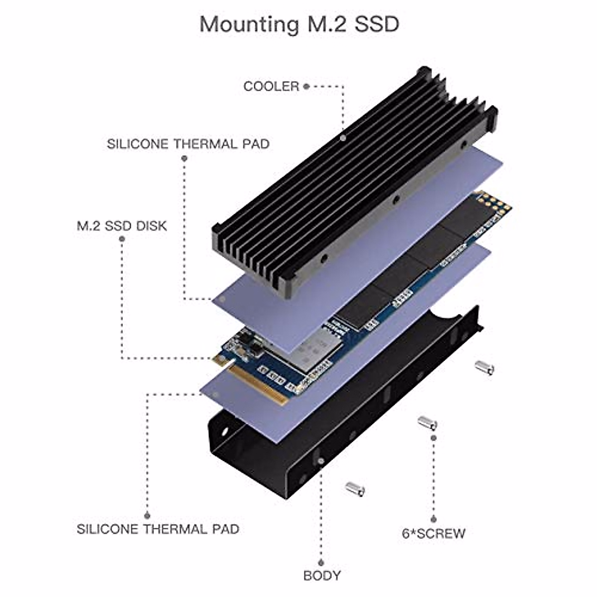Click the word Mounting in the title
(x=249, y=25)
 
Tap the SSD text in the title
(x=377, y=24)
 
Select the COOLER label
(x=271, y=87)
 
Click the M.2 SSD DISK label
(x=122, y=226)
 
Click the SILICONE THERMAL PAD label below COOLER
(x=188, y=144)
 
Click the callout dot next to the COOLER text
(x=306, y=87)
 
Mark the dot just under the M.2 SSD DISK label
(x=122, y=239)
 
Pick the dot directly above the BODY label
(x=321, y=562)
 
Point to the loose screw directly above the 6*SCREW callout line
(x=427, y=423)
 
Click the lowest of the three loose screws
(x=355, y=489)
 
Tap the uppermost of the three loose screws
(x=485, y=368)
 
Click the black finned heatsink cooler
(x=355, y=183)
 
